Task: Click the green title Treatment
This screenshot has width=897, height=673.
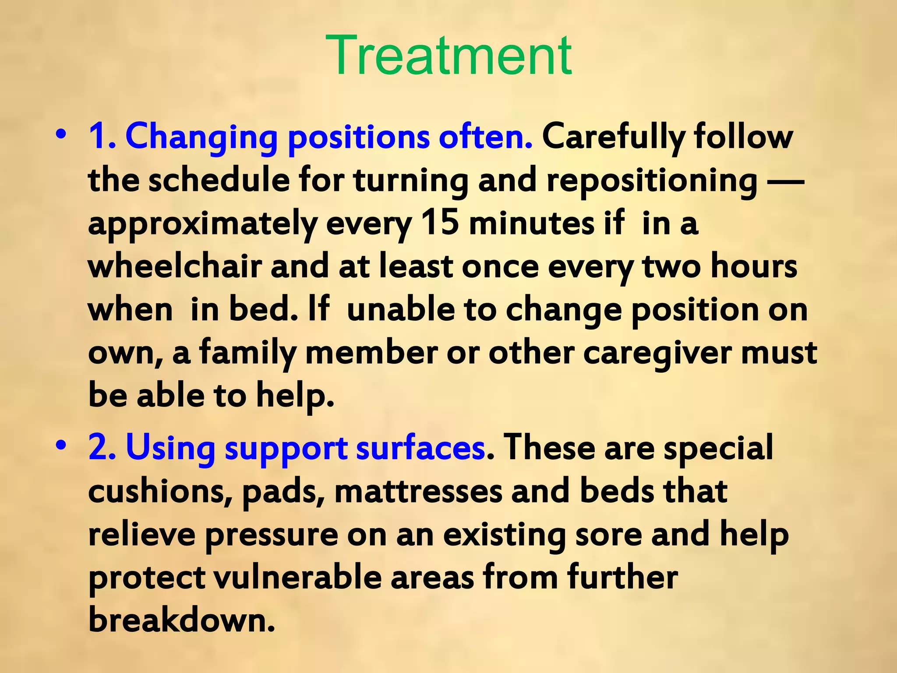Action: pos(448,56)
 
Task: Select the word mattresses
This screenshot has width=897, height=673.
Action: pos(418,492)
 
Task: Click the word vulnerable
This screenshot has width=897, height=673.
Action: pos(297,577)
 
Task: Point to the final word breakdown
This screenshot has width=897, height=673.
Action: pos(182,620)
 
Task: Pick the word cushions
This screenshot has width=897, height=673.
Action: pos(160,492)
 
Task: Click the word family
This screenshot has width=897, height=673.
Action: pos(248,353)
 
